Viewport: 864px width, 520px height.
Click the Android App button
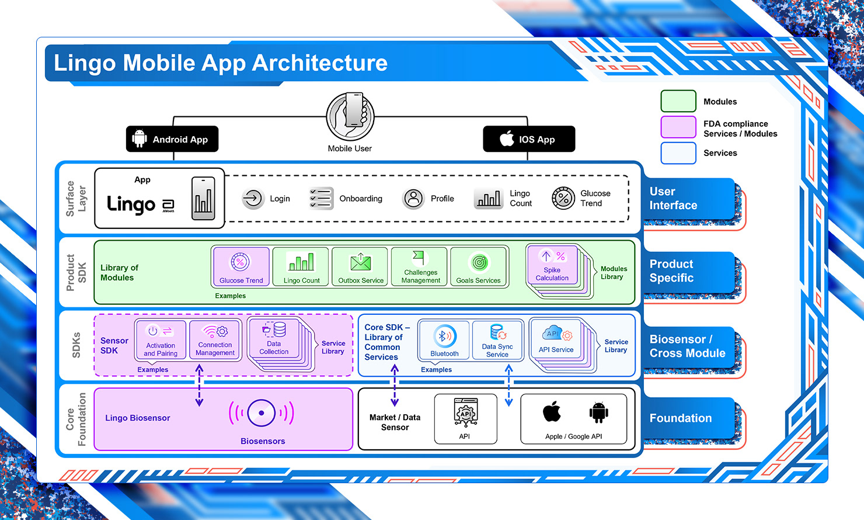click(172, 139)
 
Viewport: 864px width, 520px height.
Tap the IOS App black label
click(529, 139)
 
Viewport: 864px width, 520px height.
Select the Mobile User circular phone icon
click(350, 116)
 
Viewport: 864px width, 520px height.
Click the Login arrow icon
click(253, 199)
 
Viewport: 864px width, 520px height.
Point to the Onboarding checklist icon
click(320, 199)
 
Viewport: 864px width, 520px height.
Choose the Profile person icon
click(413, 199)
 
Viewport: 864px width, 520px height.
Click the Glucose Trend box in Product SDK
click(241, 266)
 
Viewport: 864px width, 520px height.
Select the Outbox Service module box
click(361, 266)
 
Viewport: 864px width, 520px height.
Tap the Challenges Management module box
click(420, 266)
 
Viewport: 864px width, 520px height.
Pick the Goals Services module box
click(479, 266)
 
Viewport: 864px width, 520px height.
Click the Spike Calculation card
click(552, 265)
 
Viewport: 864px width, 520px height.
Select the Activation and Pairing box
click(161, 339)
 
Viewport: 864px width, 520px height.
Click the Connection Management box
click(215, 339)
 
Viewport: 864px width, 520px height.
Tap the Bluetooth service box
click(444, 340)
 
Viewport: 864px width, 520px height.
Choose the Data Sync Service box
click(497, 340)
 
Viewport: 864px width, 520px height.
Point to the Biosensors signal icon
click(262, 413)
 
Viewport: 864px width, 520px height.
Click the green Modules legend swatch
click(678, 101)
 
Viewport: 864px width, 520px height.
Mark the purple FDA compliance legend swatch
click(678, 127)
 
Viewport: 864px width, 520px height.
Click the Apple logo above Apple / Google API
click(552, 412)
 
